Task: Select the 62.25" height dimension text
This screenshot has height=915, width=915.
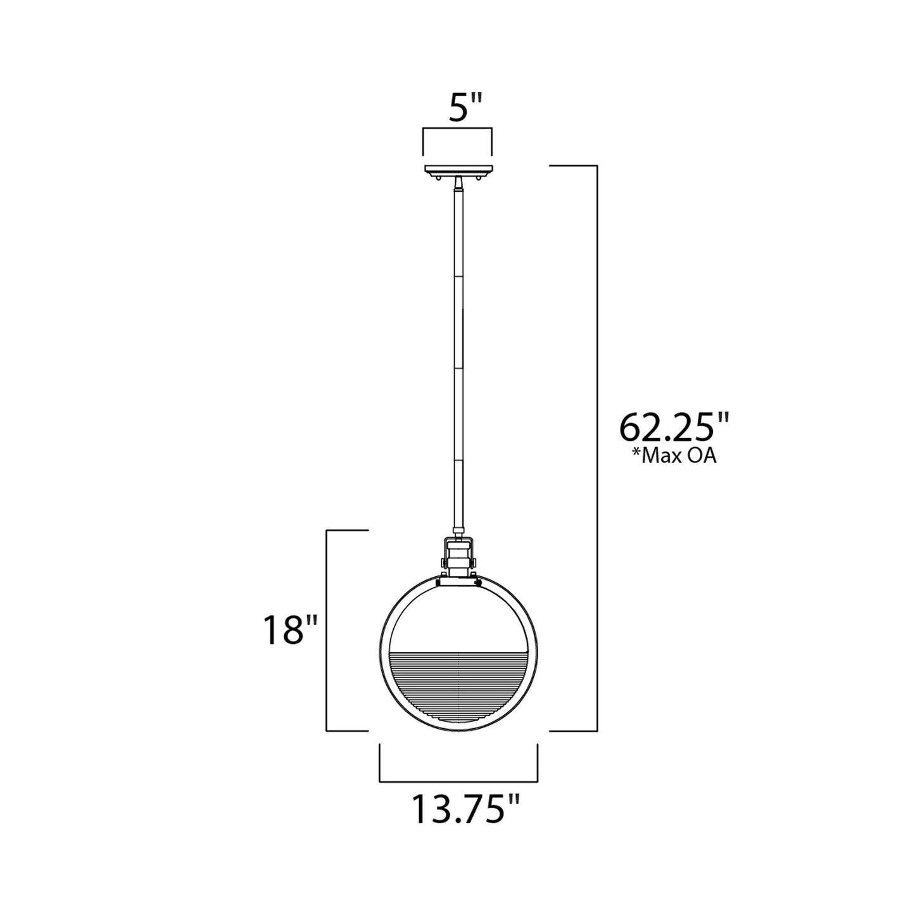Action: tap(674, 427)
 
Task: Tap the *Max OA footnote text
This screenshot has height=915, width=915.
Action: tap(674, 456)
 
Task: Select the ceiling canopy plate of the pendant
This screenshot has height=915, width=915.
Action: tap(458, 170)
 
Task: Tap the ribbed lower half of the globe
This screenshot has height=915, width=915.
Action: tap(458, 684)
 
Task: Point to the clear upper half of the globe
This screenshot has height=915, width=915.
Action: tap(458, 614)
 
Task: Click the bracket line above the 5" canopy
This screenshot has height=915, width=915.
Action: tap(458, 129)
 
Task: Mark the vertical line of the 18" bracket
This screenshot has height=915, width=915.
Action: tap(326, 630)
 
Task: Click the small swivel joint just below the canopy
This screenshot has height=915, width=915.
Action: tap(458, 182)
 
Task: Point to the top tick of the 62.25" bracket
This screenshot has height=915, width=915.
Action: tap(573, 165)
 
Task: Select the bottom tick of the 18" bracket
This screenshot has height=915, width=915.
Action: tap(347, 731)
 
